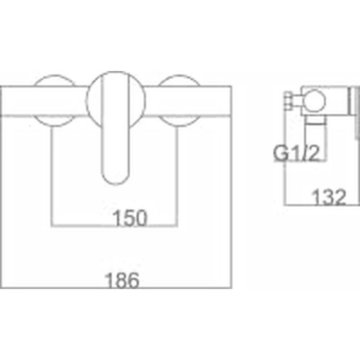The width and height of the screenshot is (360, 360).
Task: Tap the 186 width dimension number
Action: click(x=124, y=281)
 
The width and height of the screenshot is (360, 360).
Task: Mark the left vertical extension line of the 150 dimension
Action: click(x=52, y=175)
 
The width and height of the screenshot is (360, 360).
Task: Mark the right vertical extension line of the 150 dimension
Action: click(x=177, y=175)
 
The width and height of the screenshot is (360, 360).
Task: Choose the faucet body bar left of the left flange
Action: click(x=21, y=100)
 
